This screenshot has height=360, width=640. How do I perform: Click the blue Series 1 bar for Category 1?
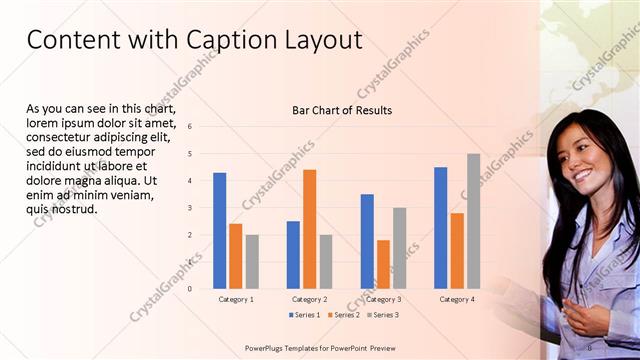pos(219,230)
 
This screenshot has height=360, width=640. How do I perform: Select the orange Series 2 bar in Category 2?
pos(309,229)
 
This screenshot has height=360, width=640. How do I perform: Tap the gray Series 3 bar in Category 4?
pos(473,221)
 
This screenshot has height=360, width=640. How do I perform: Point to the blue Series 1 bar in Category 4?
pos(441,227)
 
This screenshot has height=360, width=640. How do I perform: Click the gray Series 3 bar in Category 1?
pos(251,261)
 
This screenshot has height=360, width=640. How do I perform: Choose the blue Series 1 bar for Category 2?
pos(293,254)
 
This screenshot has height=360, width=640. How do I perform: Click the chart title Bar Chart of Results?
pos(342,110)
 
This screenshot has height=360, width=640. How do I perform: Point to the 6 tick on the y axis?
pos(190,127)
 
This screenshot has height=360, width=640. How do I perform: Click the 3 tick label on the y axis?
pos(190,208)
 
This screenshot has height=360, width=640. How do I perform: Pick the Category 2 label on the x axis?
pos(309,299)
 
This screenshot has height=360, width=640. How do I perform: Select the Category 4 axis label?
pos(457,299)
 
